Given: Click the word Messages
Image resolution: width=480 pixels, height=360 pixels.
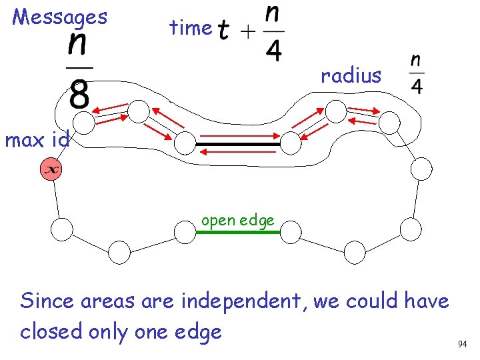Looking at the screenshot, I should point(60,17).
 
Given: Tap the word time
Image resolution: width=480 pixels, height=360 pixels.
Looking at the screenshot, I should point(190,28).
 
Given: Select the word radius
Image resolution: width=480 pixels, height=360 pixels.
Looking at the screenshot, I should point(351,76).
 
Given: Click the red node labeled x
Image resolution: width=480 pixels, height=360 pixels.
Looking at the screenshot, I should point(50,170).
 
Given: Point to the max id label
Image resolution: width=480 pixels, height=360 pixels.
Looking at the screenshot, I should point(37,141).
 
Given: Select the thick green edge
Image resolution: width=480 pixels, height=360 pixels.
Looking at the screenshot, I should point(237,231).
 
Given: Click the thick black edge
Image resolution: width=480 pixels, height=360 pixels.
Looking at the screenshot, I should point(238,143).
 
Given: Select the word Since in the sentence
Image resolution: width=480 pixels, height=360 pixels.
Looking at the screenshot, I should point(47,301).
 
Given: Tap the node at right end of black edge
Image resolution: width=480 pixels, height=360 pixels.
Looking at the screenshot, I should point(290,141).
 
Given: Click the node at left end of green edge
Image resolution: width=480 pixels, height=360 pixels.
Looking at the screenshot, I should point(185,231).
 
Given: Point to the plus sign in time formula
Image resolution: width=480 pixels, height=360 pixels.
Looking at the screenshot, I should point(248,31).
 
